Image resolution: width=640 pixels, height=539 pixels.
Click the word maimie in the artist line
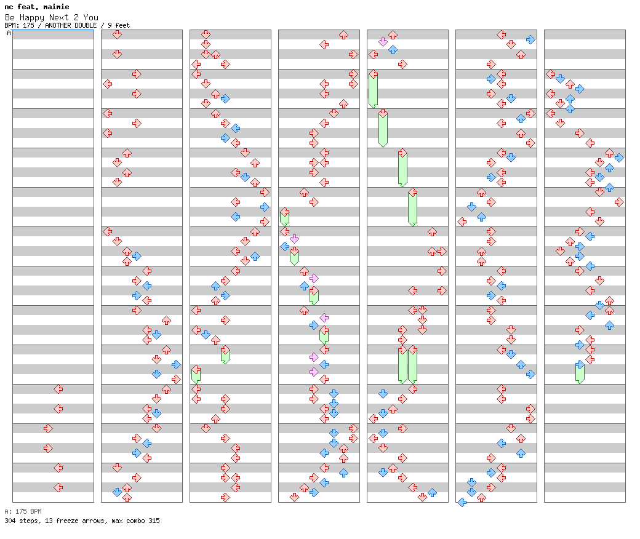[x=57, y=7]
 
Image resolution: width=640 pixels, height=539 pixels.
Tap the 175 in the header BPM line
[x=28, y=25]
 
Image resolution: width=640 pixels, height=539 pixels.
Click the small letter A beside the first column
[x=9, y=33]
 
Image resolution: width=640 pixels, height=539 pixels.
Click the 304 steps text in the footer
[x=20, y=521]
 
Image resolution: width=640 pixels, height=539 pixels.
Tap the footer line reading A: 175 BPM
[x=23, y=511]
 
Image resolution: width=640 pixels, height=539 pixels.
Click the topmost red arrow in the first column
[x=58, y=389]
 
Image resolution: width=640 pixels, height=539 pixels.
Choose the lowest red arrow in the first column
[x=58, y=487]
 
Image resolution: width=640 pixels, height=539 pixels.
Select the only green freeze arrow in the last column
[x=580, y=373]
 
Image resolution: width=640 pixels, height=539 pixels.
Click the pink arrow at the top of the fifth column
[x=383, y=42]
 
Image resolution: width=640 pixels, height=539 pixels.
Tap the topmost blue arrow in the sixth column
[x=530, y=39]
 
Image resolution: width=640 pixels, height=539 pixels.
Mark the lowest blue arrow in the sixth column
[x=462, y=502]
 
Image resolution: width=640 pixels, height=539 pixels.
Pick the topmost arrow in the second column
[x=117, y=34]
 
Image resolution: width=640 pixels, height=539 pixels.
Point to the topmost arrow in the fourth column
[x=343, y=34]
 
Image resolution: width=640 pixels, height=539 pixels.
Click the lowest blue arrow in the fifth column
[x=432, y=492]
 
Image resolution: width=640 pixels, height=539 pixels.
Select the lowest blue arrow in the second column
[x=117, y=492]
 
